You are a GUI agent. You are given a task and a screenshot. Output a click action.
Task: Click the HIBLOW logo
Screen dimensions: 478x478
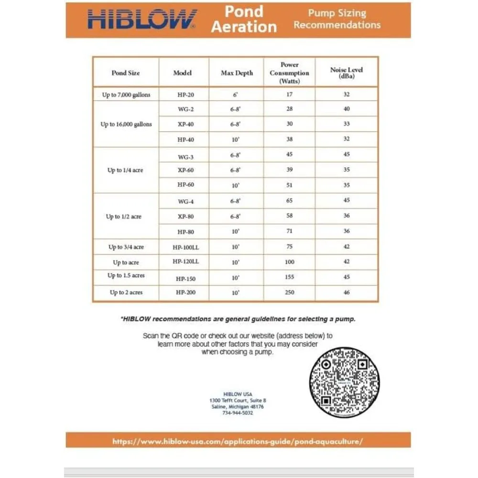point(142,20)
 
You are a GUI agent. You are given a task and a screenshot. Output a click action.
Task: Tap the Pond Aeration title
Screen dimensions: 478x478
point(244,19)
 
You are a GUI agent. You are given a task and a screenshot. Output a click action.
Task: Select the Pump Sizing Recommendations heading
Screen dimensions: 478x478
point(337,19)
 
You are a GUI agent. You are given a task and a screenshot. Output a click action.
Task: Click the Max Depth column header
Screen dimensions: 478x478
point(237,73)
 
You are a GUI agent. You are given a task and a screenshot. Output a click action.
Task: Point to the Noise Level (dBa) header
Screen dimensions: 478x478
point(347,73)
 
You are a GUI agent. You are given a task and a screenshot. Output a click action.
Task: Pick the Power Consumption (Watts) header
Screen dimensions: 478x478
point(289,73)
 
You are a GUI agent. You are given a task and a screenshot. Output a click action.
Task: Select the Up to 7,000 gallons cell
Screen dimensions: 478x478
point(126,95)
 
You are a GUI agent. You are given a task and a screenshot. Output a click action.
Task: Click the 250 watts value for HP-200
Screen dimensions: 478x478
point(289,292)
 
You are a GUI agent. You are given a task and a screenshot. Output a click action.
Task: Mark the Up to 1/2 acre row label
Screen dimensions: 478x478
point(124,217)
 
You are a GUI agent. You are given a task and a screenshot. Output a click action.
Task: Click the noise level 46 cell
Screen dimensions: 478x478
point(347,292)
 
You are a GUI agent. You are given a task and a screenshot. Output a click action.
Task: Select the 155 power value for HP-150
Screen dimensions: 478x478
point(289,277)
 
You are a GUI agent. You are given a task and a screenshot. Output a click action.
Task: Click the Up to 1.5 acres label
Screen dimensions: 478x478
point(126,276)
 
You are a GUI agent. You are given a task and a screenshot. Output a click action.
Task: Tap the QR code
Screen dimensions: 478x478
point(344,382)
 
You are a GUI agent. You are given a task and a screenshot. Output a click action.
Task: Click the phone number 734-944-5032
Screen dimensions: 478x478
point(238,413)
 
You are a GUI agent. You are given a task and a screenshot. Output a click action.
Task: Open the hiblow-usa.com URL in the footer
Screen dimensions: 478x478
point(238,441)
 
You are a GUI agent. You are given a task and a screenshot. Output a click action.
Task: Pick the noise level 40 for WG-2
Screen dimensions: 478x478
point(347,109)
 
